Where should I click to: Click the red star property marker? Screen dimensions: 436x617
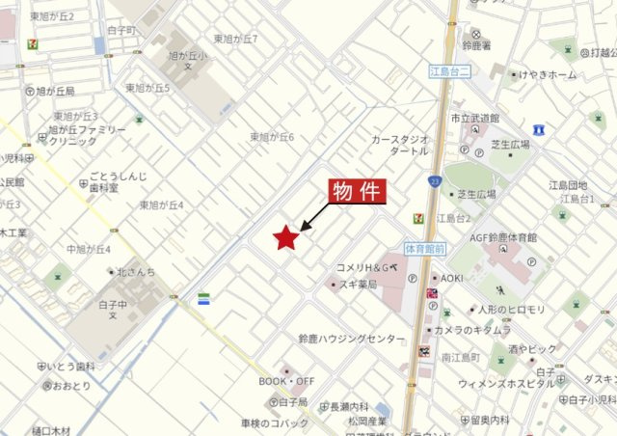(x=284, y=236)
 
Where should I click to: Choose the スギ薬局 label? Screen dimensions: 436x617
(x=357, y=285)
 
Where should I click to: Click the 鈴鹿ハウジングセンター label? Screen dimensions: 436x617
(x=352, y=340)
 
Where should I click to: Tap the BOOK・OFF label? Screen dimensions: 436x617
(x=287, y=382)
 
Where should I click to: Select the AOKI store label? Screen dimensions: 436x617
(x=453, y=278)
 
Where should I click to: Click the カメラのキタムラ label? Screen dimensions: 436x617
(x=472, y=330)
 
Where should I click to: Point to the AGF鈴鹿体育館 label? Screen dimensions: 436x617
(x=503, y=237)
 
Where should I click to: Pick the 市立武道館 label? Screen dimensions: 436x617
(x=474, y=118)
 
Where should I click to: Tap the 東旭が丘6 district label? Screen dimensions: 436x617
(x=272, y=137)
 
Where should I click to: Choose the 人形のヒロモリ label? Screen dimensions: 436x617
(x=511, y=309)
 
